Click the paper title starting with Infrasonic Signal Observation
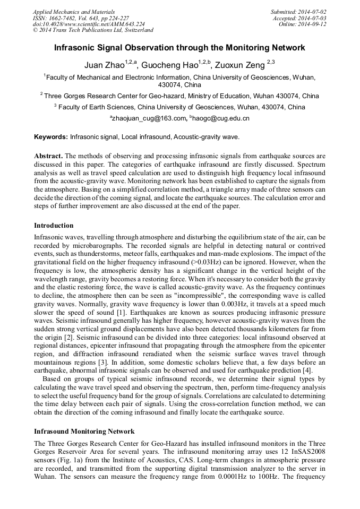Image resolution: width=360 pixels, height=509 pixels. coord(179,48)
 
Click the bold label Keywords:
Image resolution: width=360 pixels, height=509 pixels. coord(51,137)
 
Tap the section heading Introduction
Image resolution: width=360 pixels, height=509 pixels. coord(54,226)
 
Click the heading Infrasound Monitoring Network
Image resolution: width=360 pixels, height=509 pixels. coord(84,431)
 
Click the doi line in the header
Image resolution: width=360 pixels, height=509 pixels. coord(88,24)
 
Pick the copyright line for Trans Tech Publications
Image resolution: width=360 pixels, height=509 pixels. coord(93,30)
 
